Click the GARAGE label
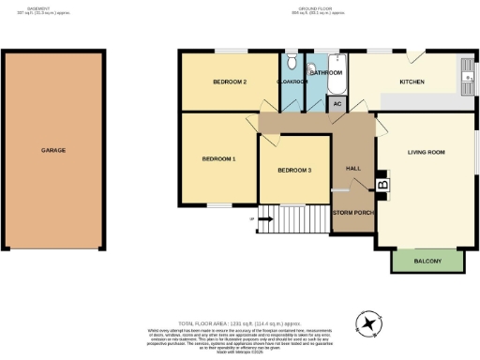pos(52,150)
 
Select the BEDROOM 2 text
pos(229,82)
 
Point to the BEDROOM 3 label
pos(294,171)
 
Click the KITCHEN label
pos(412,82)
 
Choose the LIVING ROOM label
pos(426,152)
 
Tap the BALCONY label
pos(427,261)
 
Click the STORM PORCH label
pos(353,212)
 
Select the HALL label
pos(353,169)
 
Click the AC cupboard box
pos(337,104)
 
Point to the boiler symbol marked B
pos(382,186)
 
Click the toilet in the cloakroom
pos(292,63)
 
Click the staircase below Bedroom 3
pos(292,219)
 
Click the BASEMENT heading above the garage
pos(52,7)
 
